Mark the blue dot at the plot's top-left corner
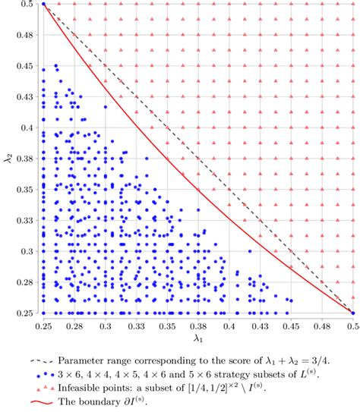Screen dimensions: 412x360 [x=43, y=4]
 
